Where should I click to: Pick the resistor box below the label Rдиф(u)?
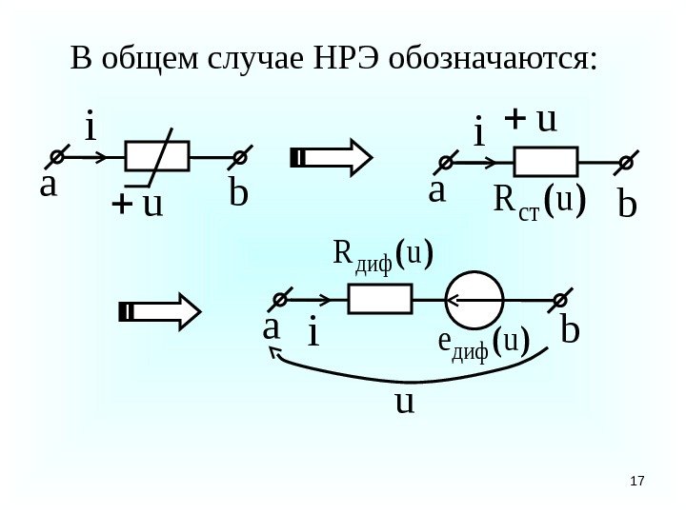pyautogui.click(x=379, y=300)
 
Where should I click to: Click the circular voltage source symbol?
pyautogui.click(x=474, y=300)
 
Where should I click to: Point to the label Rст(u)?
pyautogui.click(x=539, y=201)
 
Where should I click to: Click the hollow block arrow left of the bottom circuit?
pyautogui.click(x=159, y=312)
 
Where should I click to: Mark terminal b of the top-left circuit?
pyautogui.click(x=242, y=155)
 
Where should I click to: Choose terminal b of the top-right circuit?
pyautogui.click(x=626, y=163)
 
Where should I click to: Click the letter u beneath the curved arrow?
pyautogui.click(x=405, y=401)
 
